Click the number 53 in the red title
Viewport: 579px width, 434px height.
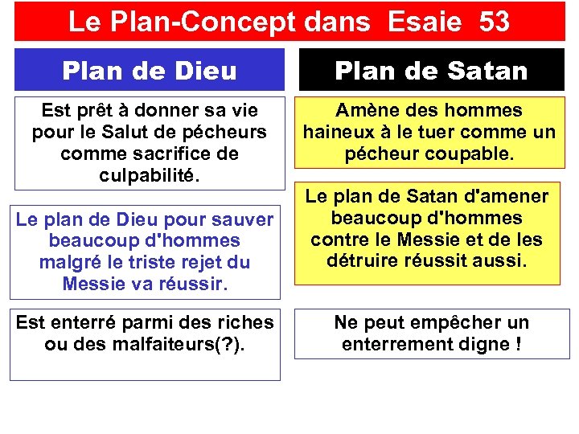pos(494,22)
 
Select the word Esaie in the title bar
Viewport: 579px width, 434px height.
pos(424,22)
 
